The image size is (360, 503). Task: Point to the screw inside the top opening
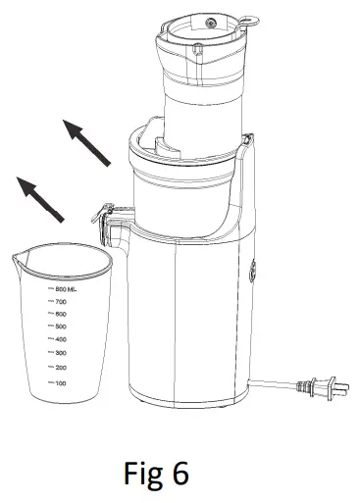pos(206,19)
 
